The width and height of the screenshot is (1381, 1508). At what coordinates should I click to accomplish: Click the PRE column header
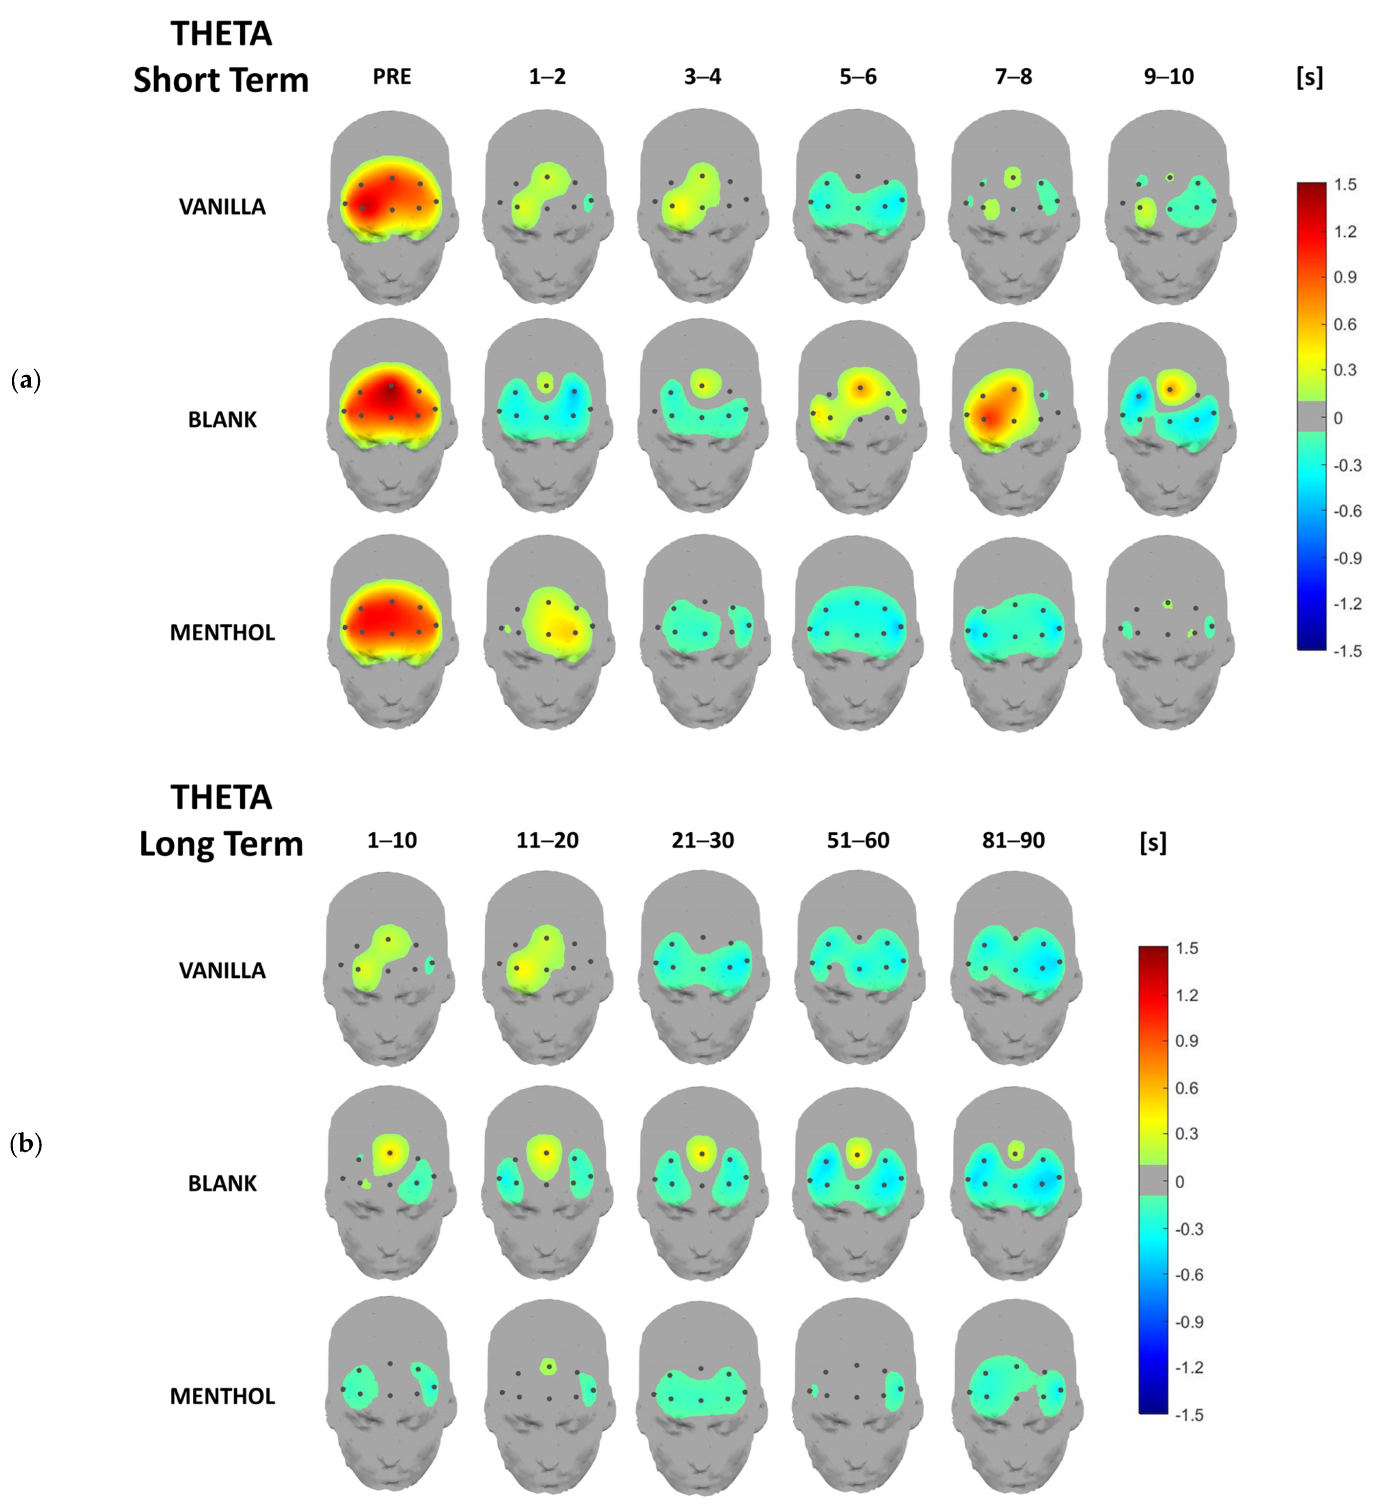point(392,76)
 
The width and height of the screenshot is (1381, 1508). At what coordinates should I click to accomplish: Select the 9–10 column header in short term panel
point(1169,76)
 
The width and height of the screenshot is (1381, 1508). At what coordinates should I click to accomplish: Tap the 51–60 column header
point(858,840)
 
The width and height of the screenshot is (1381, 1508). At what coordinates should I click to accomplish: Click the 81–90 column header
point(1014,840)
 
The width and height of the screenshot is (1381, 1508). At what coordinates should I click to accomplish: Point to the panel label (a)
point(26,381)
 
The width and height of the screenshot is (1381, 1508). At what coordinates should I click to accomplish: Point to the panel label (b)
point(26,1144)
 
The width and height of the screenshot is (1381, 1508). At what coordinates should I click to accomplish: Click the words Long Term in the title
point(221,844)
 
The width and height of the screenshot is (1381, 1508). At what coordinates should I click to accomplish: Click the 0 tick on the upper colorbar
point(1339,418)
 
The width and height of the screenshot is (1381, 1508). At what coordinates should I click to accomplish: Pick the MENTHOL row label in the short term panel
point(222,633)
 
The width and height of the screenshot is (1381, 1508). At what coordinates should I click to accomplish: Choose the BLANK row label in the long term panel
point(222,1183)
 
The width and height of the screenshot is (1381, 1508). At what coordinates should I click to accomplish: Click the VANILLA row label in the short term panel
point(222,207)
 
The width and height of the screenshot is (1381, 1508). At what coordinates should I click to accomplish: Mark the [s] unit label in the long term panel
point(1153,843)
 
